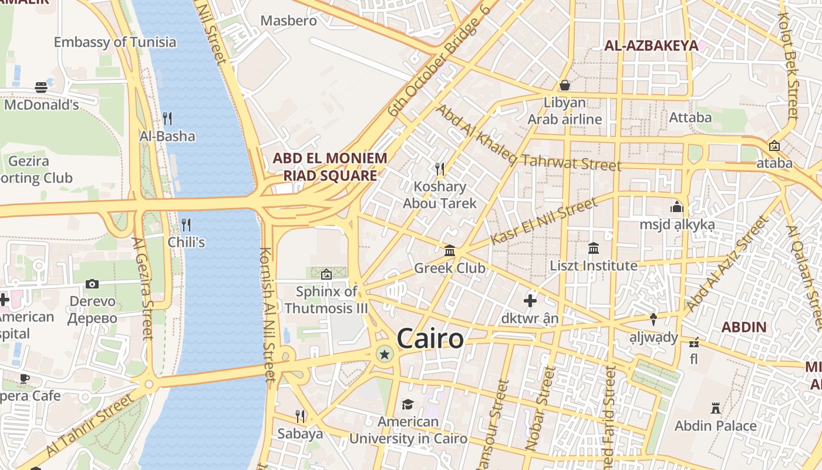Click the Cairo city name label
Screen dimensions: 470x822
point(430,339)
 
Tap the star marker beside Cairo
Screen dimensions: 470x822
point(385,354)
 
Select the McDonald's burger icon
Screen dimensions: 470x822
point(41,88)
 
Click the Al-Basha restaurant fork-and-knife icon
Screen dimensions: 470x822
point(167,119)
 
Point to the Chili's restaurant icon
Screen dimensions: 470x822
point(186,224)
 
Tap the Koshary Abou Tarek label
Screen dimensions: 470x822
point(440,195)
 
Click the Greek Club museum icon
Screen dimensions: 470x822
point(450,251)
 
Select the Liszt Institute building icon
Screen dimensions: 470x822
point(594,249)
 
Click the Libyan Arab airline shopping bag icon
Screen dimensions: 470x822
point(564,85)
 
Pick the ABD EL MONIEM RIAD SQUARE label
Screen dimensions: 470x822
point(330,167)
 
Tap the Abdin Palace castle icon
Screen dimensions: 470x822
point(715,408)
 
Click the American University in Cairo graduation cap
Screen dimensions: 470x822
point(407,404)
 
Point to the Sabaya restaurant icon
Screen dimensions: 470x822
point(300,417)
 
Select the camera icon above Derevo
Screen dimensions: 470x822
point(92,284)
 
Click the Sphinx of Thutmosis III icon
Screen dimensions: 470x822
point(326,274)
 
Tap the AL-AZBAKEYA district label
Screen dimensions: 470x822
point(651,46)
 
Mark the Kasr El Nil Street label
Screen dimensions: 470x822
point(543,221)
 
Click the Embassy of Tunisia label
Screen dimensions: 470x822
point(115,42)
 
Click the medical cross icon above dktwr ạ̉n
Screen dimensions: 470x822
point(530,301)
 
